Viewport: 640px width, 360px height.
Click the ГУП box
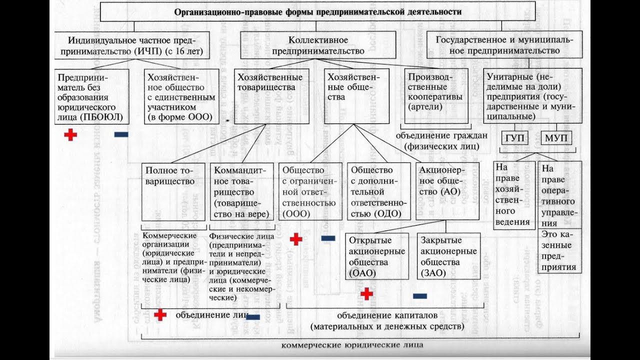coord(515,138)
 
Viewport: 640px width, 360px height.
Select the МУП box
coord(556,138)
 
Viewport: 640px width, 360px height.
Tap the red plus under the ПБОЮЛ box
coord(70,134)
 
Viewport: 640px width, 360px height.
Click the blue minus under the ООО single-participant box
coord(121,134)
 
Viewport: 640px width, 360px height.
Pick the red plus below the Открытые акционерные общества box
coord(367,294)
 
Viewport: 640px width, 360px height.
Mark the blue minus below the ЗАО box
coord(420,296)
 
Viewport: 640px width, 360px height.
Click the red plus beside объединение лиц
coord(160,314)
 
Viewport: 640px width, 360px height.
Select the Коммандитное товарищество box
coord(241,191)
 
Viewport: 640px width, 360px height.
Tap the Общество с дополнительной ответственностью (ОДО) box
coord(378,191)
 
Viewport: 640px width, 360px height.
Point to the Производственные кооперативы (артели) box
coord(436,95)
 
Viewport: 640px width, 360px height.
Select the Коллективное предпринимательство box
coord(317,45)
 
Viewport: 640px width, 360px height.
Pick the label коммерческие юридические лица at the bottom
coord(352,345)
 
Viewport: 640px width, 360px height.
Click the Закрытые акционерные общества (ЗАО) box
coord(448,255)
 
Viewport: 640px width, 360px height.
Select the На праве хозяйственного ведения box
coord(513,195)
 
